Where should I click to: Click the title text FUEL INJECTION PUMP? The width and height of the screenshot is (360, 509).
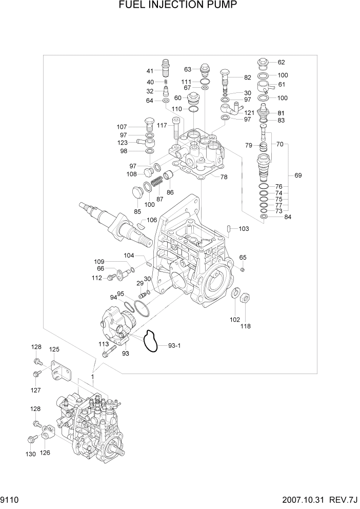[x=179, y=6]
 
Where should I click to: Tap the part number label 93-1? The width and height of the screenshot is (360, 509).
[x=175, y=346]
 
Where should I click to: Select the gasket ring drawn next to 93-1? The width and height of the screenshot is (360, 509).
[x=150, y=341]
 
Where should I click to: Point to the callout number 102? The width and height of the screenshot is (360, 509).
[x=234, y=319]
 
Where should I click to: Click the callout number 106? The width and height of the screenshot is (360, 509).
[x=152, y=220]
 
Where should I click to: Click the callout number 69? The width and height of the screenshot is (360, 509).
[x=298, y=175]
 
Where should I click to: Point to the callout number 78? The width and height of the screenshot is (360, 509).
[x=224, y=177]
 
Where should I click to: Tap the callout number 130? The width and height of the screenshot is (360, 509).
[x=30, y=454]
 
